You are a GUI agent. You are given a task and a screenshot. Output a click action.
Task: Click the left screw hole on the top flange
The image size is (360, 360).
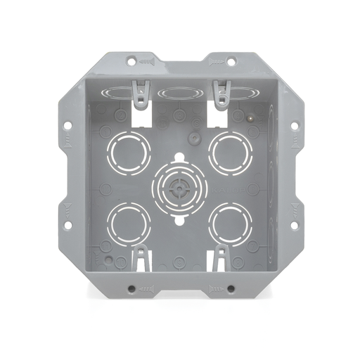click(131, 60)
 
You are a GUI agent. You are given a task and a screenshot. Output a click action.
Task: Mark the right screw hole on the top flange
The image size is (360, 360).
click(229, 60)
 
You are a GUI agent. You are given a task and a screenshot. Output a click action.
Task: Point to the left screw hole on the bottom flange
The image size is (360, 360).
click(131, 288)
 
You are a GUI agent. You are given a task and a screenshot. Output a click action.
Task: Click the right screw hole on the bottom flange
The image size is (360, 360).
click(230, 288)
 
